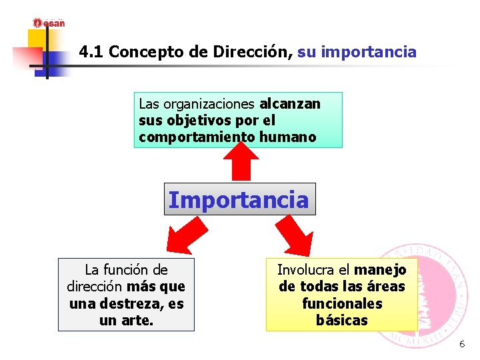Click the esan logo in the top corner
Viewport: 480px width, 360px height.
point(49,23)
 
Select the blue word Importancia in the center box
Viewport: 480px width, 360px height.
point(239,199)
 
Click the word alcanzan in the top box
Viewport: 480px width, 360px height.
point(290,104)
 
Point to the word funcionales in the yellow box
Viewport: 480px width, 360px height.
point(342,304)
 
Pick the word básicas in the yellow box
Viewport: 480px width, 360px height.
point(342,321)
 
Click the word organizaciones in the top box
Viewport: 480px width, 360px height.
point(209,104)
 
